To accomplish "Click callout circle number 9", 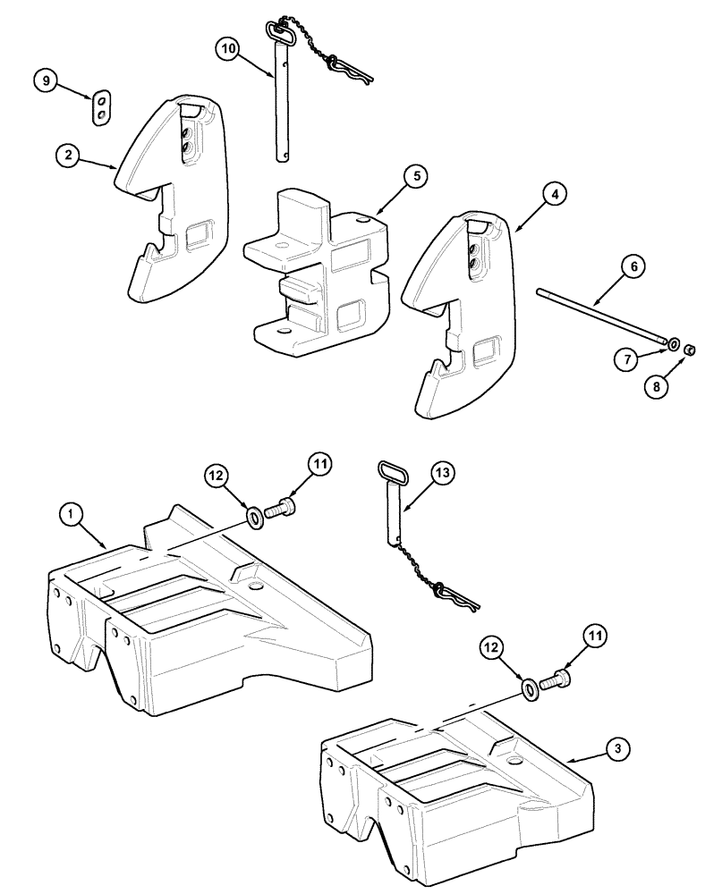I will tap(46, 81).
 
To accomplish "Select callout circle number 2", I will tap(66, 155).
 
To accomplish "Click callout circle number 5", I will tap(412, 177).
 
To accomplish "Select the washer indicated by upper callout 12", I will tap(255, 516).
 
